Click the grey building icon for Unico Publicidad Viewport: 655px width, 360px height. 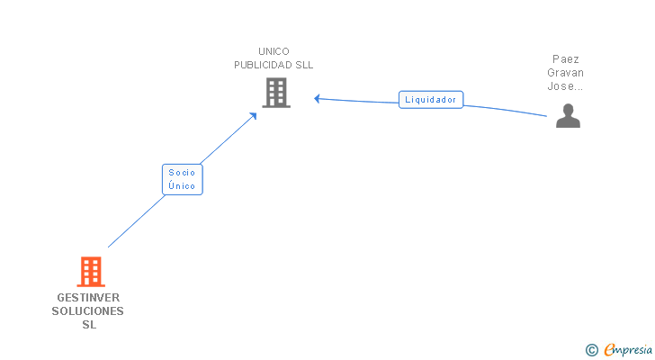point(276,92)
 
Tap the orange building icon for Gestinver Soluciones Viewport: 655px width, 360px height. point(90,271)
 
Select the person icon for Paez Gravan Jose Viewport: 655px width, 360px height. point(568,116)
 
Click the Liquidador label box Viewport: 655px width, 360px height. point(430,100)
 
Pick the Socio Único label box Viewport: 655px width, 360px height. point(182,179)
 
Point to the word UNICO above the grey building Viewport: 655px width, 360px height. point(274,51)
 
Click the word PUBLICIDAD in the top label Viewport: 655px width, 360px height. point(263,65)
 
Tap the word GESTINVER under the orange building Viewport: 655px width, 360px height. point(88,298)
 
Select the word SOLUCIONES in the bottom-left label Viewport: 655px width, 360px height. point(88,311)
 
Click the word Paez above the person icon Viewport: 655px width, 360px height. point(566,59)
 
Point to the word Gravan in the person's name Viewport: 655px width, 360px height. point(566,73)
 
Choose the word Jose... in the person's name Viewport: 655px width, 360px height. point(566,86)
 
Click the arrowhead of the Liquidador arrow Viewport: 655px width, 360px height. point(318,98)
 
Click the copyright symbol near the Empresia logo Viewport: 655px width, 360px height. point(592,349)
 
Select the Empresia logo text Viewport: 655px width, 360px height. point(628,349)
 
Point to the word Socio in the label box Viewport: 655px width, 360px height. point(182,173)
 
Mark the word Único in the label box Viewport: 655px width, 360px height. point(182,186)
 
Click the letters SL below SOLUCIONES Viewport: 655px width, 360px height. point(88,325)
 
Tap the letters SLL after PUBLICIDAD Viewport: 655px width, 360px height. point(303,65)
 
